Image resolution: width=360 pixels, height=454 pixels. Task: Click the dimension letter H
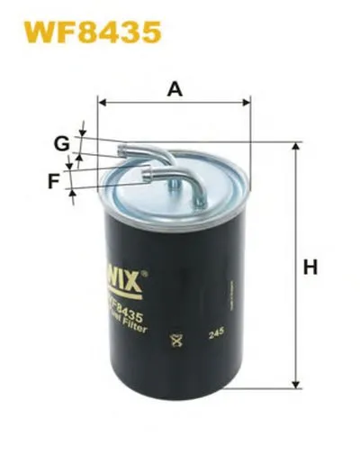[310, 268]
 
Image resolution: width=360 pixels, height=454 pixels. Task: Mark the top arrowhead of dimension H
[295, 146]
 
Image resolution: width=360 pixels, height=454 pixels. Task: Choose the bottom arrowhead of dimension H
[295, 388]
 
